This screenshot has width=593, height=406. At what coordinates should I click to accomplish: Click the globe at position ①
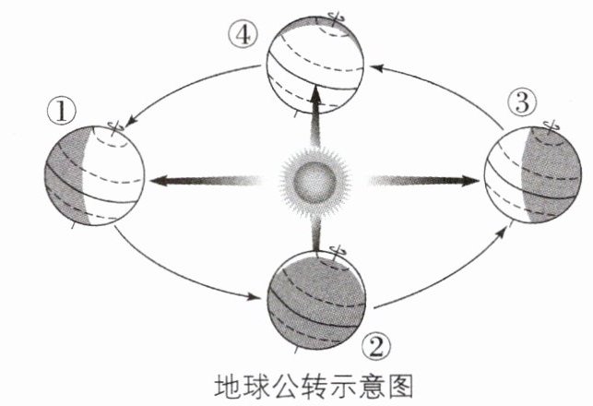point(94,175)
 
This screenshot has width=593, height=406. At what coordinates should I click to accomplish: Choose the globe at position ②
point(314,298)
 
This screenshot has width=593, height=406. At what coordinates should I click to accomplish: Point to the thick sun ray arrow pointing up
point(315,115)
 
